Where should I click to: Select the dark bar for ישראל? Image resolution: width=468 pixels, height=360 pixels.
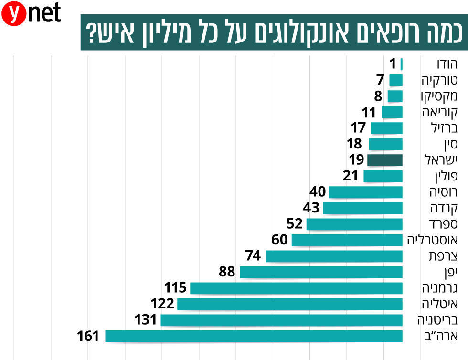click(x=384, y=160)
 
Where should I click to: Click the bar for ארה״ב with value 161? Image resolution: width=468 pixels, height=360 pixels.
click(x=254, y=336)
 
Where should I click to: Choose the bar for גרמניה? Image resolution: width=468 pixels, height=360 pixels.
click(x=296, y=288)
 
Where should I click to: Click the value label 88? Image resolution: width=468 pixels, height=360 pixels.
click(x=227, y=272)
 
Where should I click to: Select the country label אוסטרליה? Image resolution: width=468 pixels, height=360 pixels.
click(x=432, y=240)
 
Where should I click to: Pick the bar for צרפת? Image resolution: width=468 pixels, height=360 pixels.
click(x=334, y=256)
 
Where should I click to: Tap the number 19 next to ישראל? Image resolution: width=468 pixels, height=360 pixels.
click(x=356, y=160)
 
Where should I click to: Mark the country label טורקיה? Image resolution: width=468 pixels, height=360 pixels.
click(x=436, y=80)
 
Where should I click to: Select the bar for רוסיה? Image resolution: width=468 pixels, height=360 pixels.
click(x=365, y=192)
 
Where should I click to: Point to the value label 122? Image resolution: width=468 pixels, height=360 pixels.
click(x=162, y=304)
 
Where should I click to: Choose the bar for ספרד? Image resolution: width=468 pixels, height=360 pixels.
click(x=354, y=224)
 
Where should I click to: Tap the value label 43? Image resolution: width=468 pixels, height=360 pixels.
click(x=311, y=208)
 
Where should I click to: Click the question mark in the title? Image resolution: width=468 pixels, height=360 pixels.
click(x=89, y=32)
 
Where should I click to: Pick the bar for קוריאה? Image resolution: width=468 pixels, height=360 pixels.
click(x=392, y=112)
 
